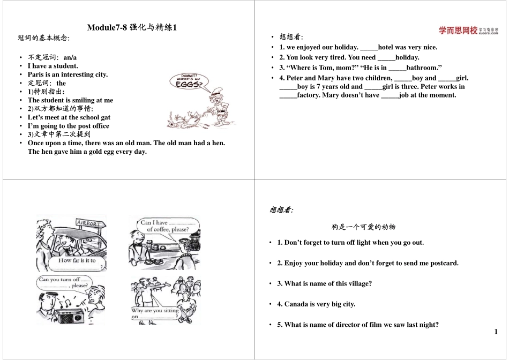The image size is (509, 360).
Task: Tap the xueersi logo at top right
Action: coord(468,31)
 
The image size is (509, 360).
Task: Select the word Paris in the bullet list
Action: coord(36,74)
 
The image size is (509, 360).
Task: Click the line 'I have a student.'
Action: coord(53,66)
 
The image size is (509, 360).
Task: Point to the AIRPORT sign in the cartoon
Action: coord(88,223)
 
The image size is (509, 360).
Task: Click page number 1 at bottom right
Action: coord(496,332)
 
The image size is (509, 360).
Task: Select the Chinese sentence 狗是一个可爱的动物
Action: coord(363,227)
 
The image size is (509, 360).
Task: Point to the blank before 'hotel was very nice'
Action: coord(369,47)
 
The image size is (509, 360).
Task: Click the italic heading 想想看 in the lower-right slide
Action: coord(281,209)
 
